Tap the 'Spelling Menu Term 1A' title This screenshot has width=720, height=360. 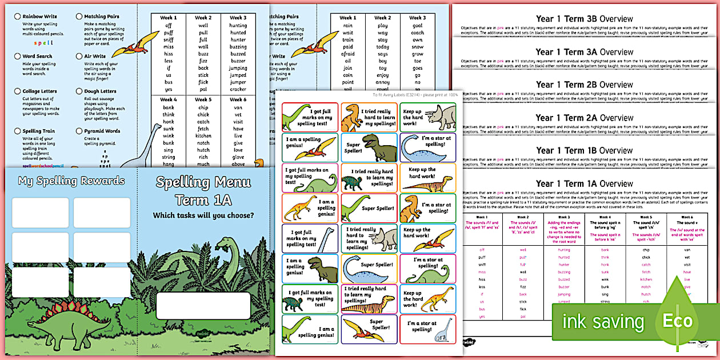click(203, 191)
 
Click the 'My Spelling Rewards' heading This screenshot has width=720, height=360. click(71, 181)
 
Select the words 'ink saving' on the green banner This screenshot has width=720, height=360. click(603, 321)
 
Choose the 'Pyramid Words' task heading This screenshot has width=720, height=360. click(102, 131)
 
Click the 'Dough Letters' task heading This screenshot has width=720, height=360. click(100, 91)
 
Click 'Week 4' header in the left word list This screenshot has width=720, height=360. click(168, 99)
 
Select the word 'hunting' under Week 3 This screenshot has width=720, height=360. click(238, 26)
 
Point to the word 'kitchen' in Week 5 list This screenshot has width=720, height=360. click(203, 136)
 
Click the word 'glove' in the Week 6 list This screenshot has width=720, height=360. click(238, 157)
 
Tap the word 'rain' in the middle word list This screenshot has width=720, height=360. click(347, 26)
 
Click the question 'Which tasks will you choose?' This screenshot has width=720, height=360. click(203, 215)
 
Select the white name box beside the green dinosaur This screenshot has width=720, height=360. click(203, 306)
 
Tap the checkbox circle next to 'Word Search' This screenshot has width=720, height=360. click(17, 57)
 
